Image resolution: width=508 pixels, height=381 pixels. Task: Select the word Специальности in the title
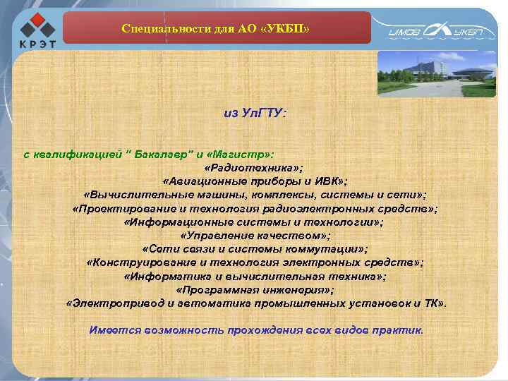point(156,29)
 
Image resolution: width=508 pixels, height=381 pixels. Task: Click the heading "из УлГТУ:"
point(255,113)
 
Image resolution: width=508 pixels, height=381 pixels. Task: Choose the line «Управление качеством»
point(255,236)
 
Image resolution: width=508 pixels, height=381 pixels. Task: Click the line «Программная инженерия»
point(255,289)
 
